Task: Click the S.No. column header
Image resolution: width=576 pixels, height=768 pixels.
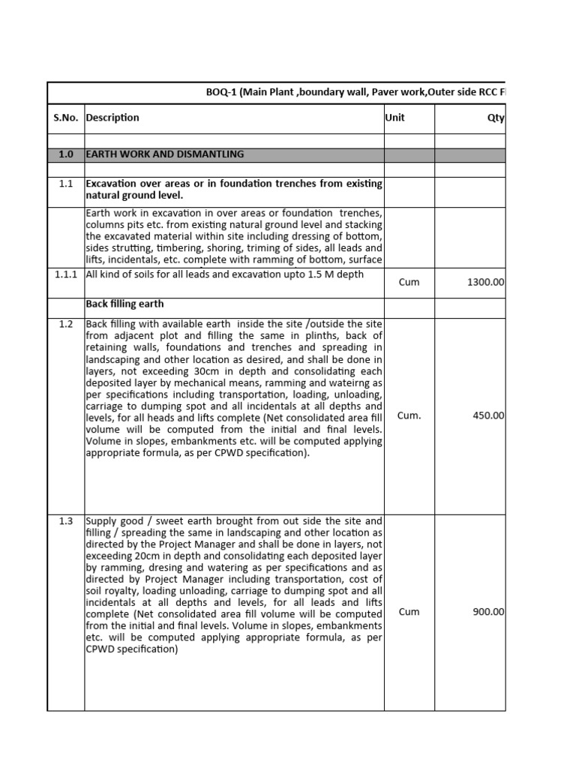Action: pyautogui.click(x=66, y=118)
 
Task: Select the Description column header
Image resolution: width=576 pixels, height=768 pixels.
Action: pyautogui.click(x=112, y=118)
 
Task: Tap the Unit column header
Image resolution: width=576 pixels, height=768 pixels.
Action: pyautogui.click(x=394, y=118)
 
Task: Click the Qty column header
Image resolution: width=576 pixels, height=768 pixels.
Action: pyautogui.click(x=496, y=118)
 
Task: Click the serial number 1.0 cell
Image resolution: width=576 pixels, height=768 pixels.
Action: pyautogui.click(x=66, y=154)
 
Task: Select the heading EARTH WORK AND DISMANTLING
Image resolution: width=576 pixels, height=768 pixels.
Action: pyautogui.click(x=165, y=154)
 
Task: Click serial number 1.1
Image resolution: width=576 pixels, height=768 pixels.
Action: pyautogui.click(x=66, y=184)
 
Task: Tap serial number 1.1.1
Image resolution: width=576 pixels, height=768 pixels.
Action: pyautogui.click(x=66, y=274)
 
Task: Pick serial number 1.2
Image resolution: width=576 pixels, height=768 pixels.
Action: pyautogui.click(x=66, y=324)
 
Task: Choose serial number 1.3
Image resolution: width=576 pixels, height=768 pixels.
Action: pyautogui.click(x=66, y=520)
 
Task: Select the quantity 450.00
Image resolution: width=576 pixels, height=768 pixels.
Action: pyautogui.click(x=488, y=415)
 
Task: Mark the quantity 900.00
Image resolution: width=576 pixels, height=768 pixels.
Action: pyautogui.click(x=488, y=612)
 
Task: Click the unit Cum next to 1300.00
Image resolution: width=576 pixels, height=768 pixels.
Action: pyautogui.click(x=409, y=283)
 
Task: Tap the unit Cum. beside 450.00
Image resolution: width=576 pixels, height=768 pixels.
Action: pyautogui.click(x=409, y=415)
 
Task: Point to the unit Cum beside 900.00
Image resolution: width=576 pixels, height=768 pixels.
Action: pyautogui.click(x=409, y=612)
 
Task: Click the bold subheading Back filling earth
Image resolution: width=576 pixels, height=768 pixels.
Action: pyautogui.click(x=124, y=304)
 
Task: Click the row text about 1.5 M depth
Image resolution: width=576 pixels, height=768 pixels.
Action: pyautogui.click(x=225, y=274)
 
